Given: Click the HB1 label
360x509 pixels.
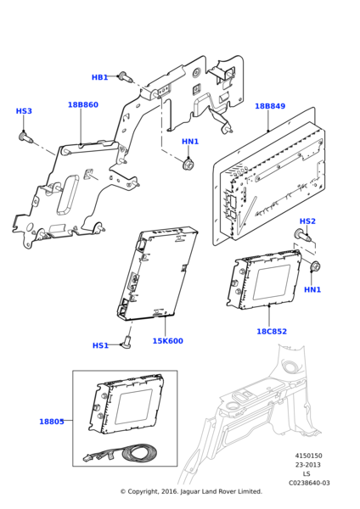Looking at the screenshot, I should tap(99, 77).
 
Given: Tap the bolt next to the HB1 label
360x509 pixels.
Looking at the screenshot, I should tap(124, 77).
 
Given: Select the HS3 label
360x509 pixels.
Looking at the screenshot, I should tap(24, 111).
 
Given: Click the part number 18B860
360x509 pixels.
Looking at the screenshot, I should tap(82, 105).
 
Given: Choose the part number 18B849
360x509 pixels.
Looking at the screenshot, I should tap(270, 107).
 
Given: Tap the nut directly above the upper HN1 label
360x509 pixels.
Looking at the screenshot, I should tap(188, 162).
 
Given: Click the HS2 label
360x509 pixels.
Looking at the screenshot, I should tap(307, 221).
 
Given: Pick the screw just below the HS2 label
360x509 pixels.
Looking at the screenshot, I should tap(301, 235).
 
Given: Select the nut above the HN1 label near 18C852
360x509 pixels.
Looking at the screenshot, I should tap(314, 268).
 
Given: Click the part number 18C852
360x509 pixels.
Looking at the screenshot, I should tap(272, 332).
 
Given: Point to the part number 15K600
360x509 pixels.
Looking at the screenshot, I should tap(167, 341).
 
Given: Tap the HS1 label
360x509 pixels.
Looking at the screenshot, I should tap(100, 345).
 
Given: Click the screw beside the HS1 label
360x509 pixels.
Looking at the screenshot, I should tap(127, 341).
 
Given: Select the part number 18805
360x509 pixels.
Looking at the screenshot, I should tap(51, 422).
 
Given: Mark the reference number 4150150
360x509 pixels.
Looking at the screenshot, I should tap(309, 456).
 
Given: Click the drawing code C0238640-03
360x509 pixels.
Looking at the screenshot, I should tap(309, 483).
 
